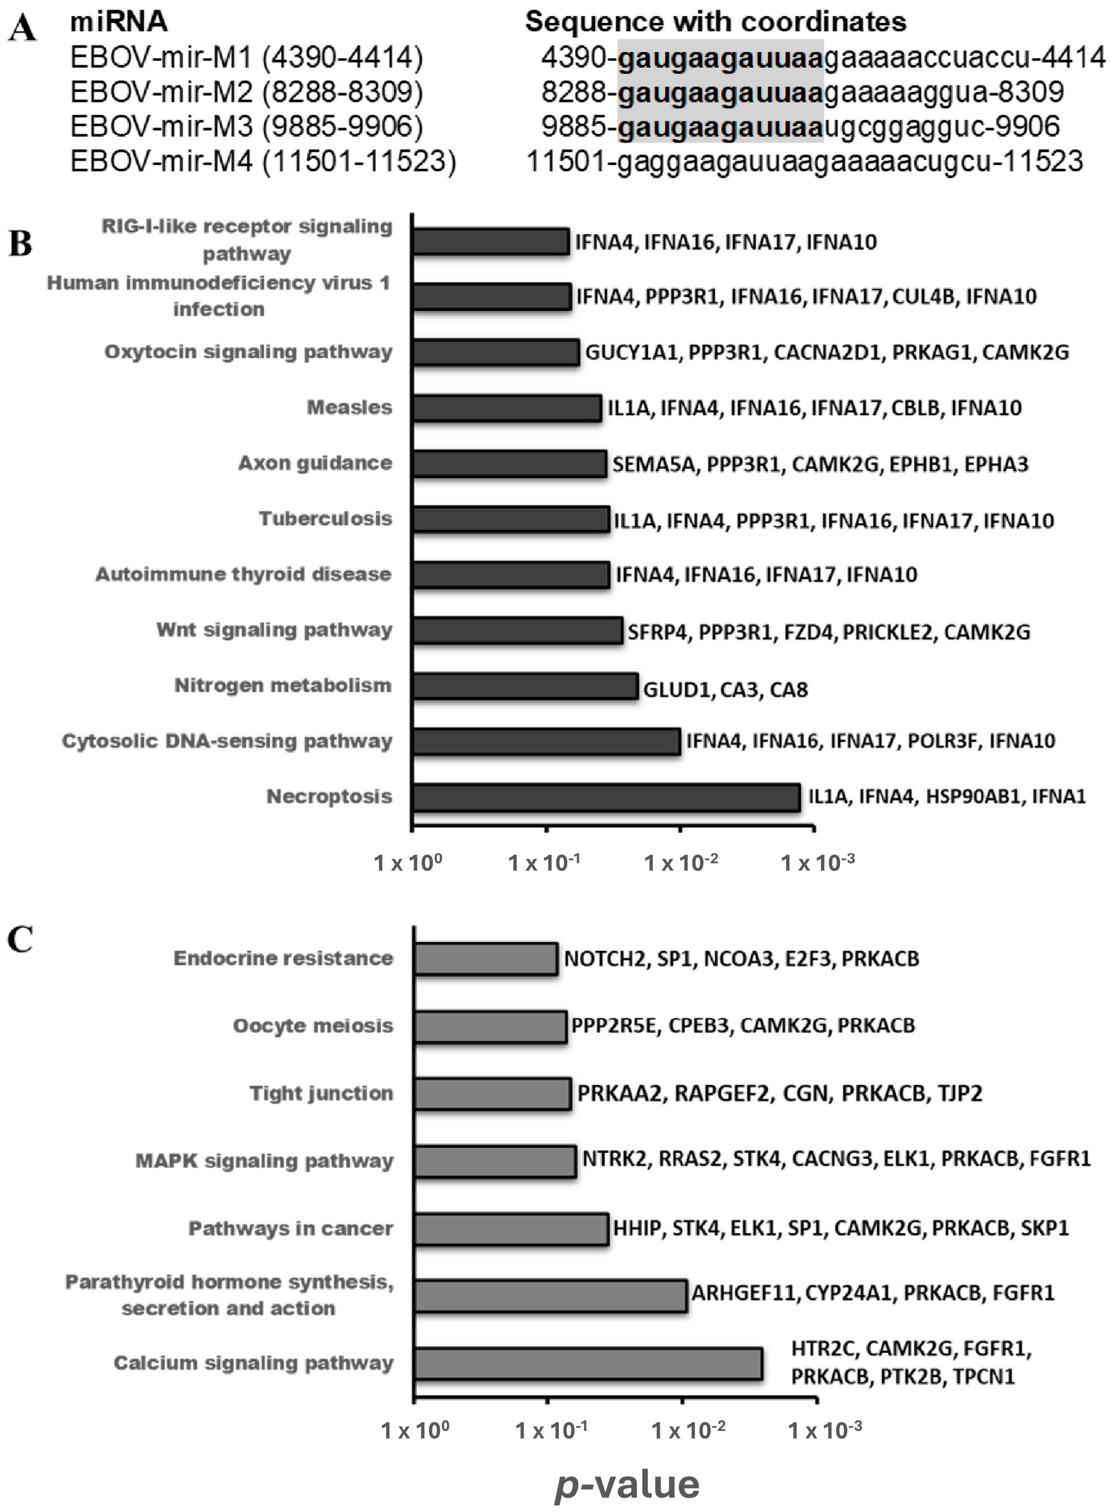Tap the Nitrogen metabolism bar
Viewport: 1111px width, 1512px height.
pos(524,686)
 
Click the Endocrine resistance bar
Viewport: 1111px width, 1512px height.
pos(486,959)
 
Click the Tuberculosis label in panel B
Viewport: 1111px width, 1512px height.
pos(326,518)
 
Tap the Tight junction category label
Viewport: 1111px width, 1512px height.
pos(322,1093)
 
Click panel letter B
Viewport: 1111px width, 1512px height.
pos(20,244)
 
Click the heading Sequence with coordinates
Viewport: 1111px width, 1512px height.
pos(715,22)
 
